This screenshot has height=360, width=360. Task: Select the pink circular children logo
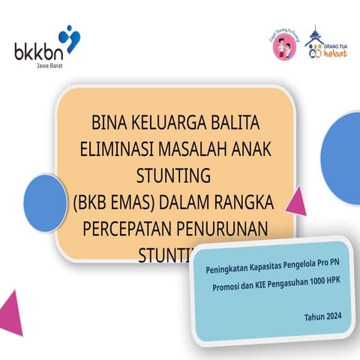283,46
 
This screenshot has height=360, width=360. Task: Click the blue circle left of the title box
45,201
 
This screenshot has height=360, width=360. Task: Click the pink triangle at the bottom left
10,313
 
